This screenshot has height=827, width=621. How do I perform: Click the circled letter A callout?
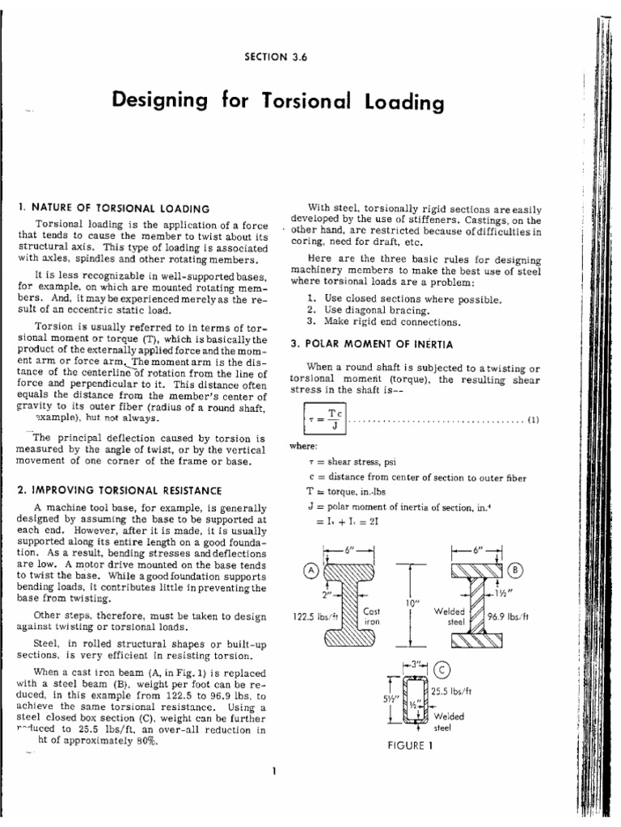tap(310, 569)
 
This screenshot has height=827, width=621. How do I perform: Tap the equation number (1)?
tap(533, 420)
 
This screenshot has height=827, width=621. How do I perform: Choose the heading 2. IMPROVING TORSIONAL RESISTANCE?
tap(118, 490)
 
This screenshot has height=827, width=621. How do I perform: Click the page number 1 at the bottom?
tap(275, 770)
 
